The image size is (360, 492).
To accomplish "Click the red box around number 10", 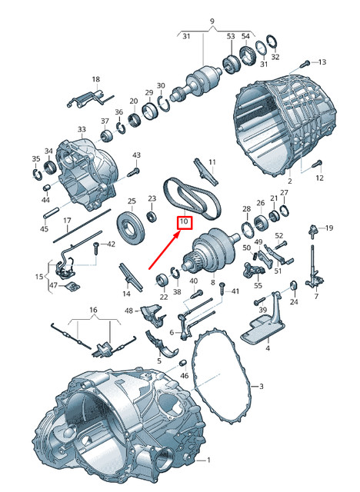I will click(184, 223).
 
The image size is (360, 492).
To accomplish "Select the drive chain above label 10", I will click(192, 197).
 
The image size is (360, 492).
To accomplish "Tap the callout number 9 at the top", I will click(209, 21).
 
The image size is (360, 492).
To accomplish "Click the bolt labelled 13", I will click(306, 61).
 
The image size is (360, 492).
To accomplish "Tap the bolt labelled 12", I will click(316, 164).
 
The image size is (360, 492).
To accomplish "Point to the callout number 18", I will click(96, 79).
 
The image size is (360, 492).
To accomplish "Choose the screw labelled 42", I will click(96, 248).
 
